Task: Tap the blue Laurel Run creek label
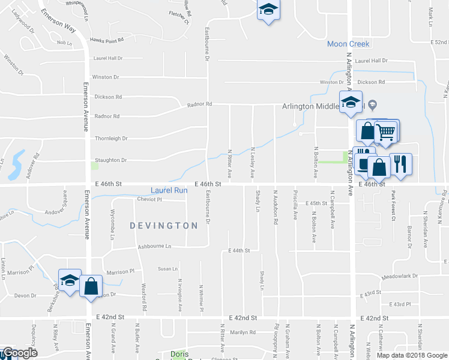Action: pyautogui.click(x=169, y=190)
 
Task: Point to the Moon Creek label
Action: pyautogui.click(x=348, y=44)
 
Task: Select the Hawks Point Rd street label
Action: pyautogui.click(x=107, y=40)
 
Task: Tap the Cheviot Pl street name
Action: pyautogui.click(x=150, y=199)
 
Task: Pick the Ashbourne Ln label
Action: pyautogui.click(x=154, y=246)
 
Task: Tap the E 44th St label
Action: pyautogui.click(x=238, y=250)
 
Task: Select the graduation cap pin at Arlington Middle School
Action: pyautogui.click(x=350, y=102)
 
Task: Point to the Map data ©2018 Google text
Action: pyautogui.click(x=411, y=355)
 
